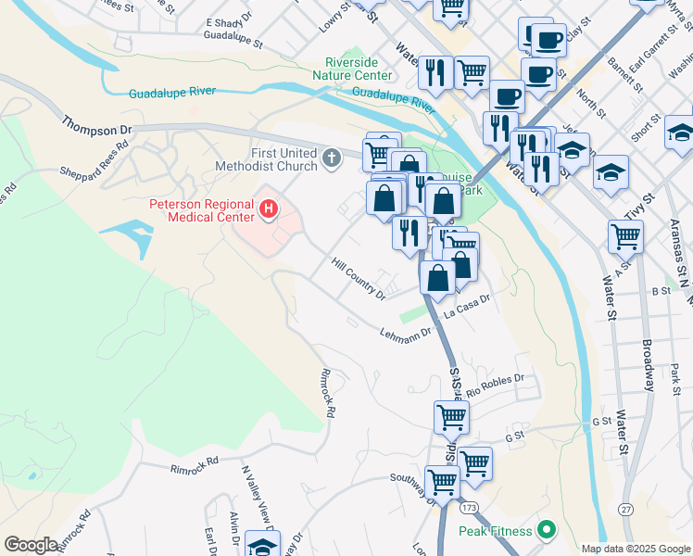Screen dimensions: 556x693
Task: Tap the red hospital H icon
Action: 269,210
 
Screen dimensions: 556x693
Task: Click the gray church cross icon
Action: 332,158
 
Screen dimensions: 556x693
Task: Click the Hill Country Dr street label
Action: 359,279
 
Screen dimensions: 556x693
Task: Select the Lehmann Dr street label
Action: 406,332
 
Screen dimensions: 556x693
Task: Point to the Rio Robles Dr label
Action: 496,385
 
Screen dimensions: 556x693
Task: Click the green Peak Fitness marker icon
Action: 546,531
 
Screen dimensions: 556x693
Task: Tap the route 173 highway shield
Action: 468,508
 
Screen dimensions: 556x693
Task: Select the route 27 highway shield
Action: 627,509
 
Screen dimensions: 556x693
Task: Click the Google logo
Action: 31,545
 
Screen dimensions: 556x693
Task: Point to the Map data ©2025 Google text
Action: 635,549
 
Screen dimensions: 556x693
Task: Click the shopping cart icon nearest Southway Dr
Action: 442,482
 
